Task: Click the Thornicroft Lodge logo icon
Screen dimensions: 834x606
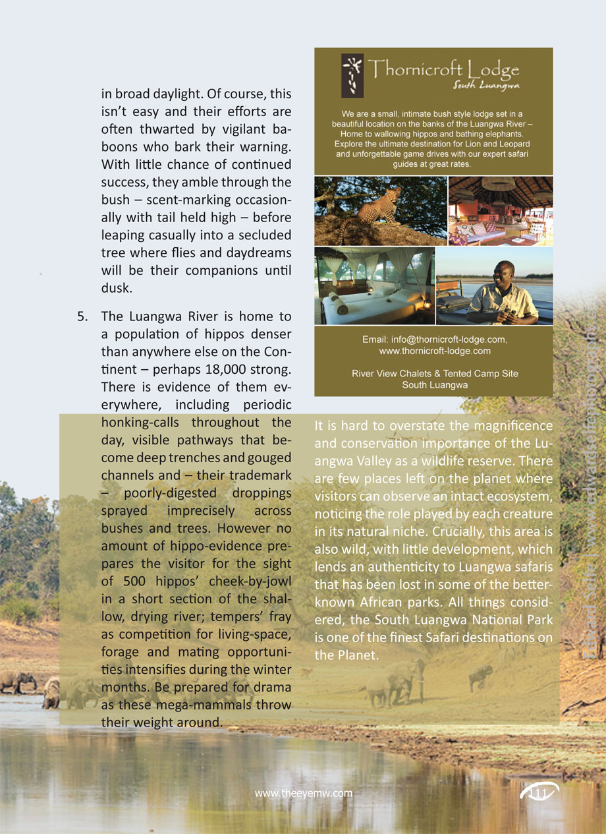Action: [352, 75]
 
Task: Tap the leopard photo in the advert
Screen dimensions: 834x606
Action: [380, 211]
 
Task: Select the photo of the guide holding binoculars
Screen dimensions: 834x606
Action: [495, 286]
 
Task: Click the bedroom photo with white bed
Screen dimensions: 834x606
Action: [374, 286]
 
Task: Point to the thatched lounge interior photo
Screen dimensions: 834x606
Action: [501, 211]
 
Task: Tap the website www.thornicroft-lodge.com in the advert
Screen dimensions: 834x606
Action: [435, 351]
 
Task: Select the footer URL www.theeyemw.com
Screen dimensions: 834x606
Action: [304, 793]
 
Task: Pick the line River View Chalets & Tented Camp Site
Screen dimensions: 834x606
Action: [435, 373]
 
